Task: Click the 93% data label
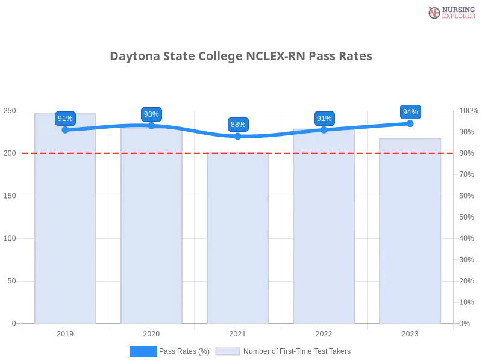tap(151, 114)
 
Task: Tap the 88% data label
tap(238, 125)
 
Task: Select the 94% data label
tap(410, 112)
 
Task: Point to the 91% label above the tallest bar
tap(65, 119)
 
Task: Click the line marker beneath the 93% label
tap(151, 125)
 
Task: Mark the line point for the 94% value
tap(410, 123)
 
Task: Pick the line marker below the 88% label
tap(238, 137)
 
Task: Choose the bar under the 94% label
tap(410, 232)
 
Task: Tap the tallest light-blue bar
tap(65, 220)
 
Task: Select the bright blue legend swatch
tap(143, 351)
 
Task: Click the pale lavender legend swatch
tap(228, 351)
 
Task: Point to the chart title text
tap(241, 57)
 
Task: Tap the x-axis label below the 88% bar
tap(237, 332)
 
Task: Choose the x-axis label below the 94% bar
tap(410, 332)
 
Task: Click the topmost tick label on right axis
tap(469, 111)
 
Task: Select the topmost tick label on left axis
tap(10, 111)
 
